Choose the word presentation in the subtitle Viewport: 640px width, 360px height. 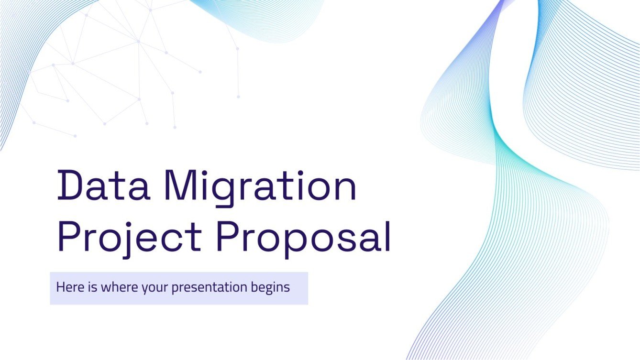210,288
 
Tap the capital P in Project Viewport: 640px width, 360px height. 69,236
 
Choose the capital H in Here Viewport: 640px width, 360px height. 60,288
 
